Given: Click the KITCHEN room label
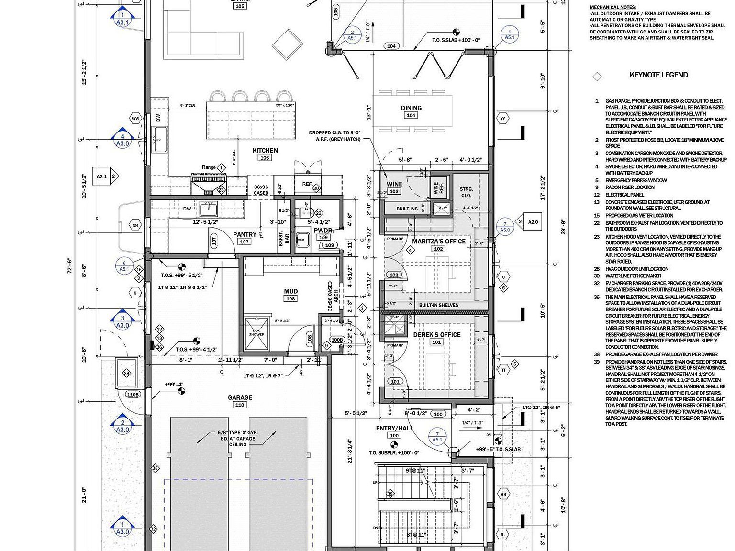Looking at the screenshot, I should [x=265, y=150].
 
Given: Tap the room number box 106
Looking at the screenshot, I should [x=265, y=158].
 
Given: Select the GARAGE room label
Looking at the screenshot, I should [x=240, y=397].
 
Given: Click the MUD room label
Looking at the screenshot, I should [x=290, y=291].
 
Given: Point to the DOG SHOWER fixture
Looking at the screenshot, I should [x=256, y=332].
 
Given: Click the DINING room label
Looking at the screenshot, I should [x=411, y=108].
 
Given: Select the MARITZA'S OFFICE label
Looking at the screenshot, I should [x=439, y=242].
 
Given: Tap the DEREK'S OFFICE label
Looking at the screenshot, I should [x=437, y=335].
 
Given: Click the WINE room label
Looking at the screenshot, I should [x=394, y=184].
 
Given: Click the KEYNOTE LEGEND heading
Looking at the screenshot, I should [x=658, y=75].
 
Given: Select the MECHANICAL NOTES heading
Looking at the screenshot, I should [x=613, y=8].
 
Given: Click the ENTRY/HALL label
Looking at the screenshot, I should [x=394, y=429].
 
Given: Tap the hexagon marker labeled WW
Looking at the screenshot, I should [x=135, y=118].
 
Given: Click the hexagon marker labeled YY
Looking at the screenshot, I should [x=502, y=118].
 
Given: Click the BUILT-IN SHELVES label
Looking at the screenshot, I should [x=438, y=305].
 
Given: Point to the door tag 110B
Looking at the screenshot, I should [x=133, y=395].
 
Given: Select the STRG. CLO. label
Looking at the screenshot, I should [x=466, y=192].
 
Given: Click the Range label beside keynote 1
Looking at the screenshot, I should [x=209, y=167].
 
